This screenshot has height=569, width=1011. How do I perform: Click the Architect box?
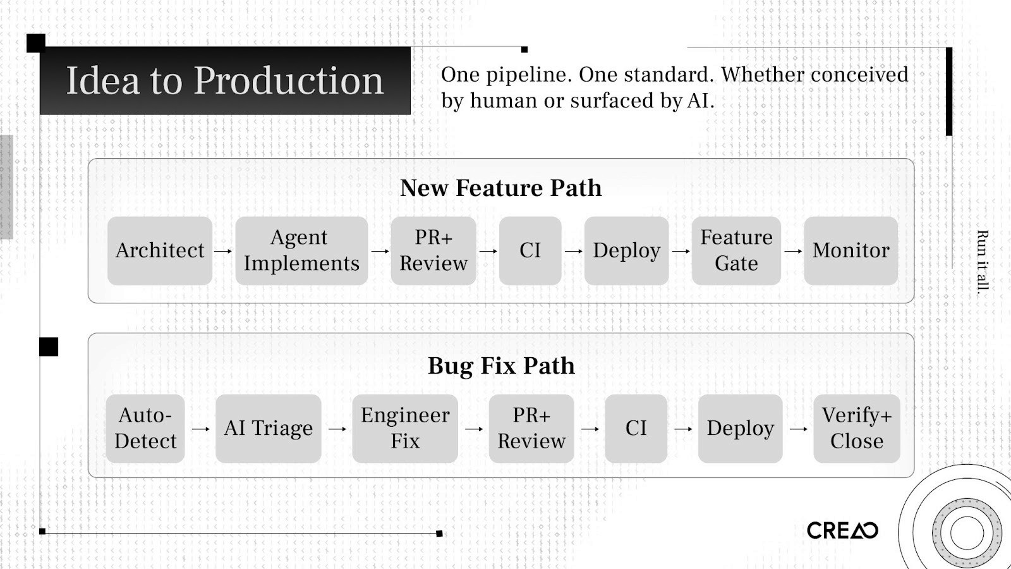pyautogui.click(x=160, y=251)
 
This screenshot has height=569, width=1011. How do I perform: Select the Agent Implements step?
pyautogui.click(x=301, y=251)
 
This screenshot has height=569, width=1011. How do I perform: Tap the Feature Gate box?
pyautogui.click(x=736, y=251)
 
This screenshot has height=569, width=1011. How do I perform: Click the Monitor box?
pyautogui.click(x=851, y=251)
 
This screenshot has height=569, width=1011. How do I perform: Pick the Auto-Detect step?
pyautogui.click(x=145, y=429)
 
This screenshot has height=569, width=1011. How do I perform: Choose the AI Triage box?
pyautogui.click(x=268, y=429)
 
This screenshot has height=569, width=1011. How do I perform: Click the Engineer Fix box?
pyautogui.click(x=405, y=429)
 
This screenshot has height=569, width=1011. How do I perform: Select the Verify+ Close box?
pyautogui.click(x=856, y=429)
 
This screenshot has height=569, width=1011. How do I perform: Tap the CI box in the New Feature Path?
pyautogui.click(x=530, y=251)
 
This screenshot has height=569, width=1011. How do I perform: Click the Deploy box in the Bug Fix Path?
pyautogui.click(x=740, y=429)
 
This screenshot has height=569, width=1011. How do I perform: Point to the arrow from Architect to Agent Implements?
pyautogui.click(x=223, y=251)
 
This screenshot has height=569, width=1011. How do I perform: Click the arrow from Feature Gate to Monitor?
pyautogui.click(x=792, y=251)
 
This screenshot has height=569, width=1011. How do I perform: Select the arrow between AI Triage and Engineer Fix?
pyautogui.click(x=337, y=429)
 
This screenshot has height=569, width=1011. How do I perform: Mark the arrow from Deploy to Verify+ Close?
pyautogui.click(x=798, y=429)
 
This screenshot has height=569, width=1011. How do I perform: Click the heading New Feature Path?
pyautogui.click(x=500, y=188)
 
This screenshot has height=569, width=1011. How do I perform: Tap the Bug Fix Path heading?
pyautogui.click(x=501, y=366)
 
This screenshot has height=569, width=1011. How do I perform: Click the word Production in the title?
pyautogui.click(x=288, y=81)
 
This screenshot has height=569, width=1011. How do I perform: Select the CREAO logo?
pyautogui.click(x=842, y=530)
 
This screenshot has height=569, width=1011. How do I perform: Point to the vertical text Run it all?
pyautogui.click(x=982, y=261)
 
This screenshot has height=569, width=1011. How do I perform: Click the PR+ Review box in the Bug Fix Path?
pyautogui.click(x=531, y=429)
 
